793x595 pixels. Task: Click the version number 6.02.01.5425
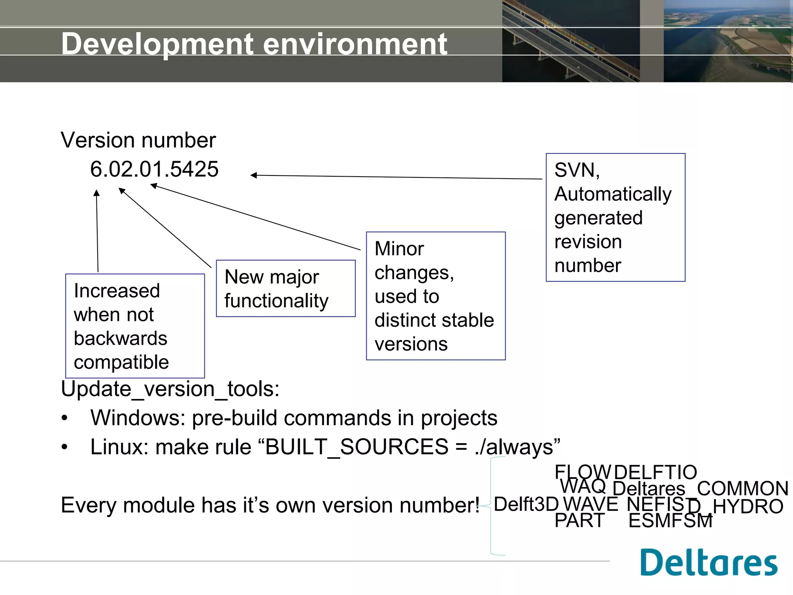(154, 169)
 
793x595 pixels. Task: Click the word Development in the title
(157, 44)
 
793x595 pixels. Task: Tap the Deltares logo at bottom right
(708, 562)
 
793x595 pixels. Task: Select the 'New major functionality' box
(285, 289)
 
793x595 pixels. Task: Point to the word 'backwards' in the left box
(120, 338)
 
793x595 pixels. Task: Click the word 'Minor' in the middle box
(399, 249)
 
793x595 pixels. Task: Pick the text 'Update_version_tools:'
(170, 389)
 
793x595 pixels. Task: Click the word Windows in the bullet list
(137, 418)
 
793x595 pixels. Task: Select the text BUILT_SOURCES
(357, 447)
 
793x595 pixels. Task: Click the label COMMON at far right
(742, 488)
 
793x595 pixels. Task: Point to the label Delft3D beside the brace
(526, 504)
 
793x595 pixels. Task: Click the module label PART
(579, 521)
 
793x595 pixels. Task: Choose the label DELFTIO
(655, 473)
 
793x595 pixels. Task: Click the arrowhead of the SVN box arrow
(254, 175)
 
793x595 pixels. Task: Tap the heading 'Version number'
(138, 140)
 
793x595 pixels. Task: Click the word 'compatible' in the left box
(121, 362)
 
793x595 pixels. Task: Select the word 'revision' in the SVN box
(588, 242)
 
